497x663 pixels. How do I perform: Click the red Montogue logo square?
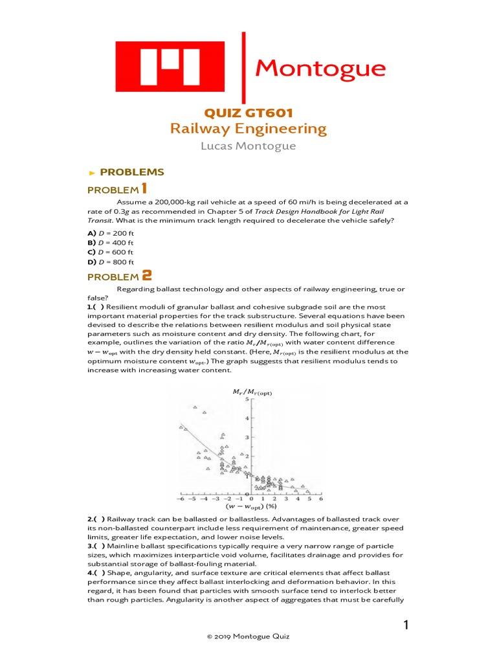[171, 68]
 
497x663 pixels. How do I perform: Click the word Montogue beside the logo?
[320, 68]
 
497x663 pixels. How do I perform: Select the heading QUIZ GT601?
[248, 113]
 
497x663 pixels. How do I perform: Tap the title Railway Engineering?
[248, 128]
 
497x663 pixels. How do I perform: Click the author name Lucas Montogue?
[248, 146]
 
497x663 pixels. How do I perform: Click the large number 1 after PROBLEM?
[144, 188]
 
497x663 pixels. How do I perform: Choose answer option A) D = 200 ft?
[111, 232]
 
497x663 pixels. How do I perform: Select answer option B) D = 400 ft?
[111, 242]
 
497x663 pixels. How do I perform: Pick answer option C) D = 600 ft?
[111, 252]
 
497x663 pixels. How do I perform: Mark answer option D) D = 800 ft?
[111, 262]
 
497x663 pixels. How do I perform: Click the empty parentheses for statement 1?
[99, 306]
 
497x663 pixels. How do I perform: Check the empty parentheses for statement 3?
[99, 546]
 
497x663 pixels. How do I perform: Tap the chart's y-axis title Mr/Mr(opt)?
[252, 392]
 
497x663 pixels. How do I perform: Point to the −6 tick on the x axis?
[181, 499]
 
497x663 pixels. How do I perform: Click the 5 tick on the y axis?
[246, 399]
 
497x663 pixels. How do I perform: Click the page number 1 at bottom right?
[406, 625]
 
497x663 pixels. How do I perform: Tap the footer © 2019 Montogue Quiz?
[248, 637]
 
